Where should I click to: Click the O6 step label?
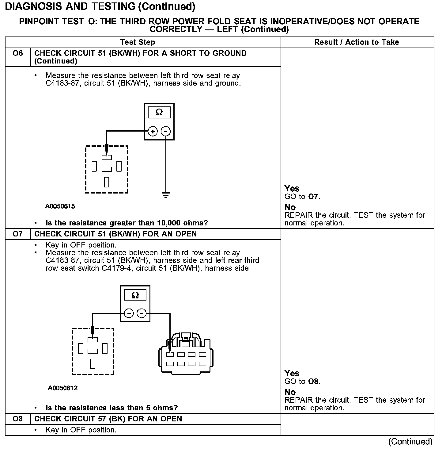pyautogui.click(x=18, y=53)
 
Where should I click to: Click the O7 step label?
pyautogui.click(x=18, y=234)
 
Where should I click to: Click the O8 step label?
pyautogui.click(x=18, y=419)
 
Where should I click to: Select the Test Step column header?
pyautogui.click(x=138, y=42)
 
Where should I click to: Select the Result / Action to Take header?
pyautogui.click(x=357, y=42)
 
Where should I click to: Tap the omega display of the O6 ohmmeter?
pyautogui.click(x=159, y=112)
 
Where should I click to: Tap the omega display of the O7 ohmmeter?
pyautogui.click(x=135, y=295)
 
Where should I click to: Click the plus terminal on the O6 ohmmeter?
pyautogui.click(x=153, y=132)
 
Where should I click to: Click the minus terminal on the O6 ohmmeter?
pyautogui.click(x=166, y=132)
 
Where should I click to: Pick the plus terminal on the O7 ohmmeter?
pyautogui.click(x=129, y=313)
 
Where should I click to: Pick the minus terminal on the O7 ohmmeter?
pyautogui.click(x=142, y=313)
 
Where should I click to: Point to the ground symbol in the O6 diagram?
pyautogui.click(x=166, y=195)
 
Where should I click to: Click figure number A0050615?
pyautogui.click(x=60, y=206)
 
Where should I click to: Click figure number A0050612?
pyautogui.click(x=63, y=388)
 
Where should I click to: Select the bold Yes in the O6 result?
pyautogui.click(x=292, y=188)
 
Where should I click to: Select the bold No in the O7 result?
pyautogui.click(x=290, y=392)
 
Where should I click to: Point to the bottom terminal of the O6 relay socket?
pyautogui.click(x=107, y=182)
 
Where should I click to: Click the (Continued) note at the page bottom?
pyautogui.click(x=410, y=442)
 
